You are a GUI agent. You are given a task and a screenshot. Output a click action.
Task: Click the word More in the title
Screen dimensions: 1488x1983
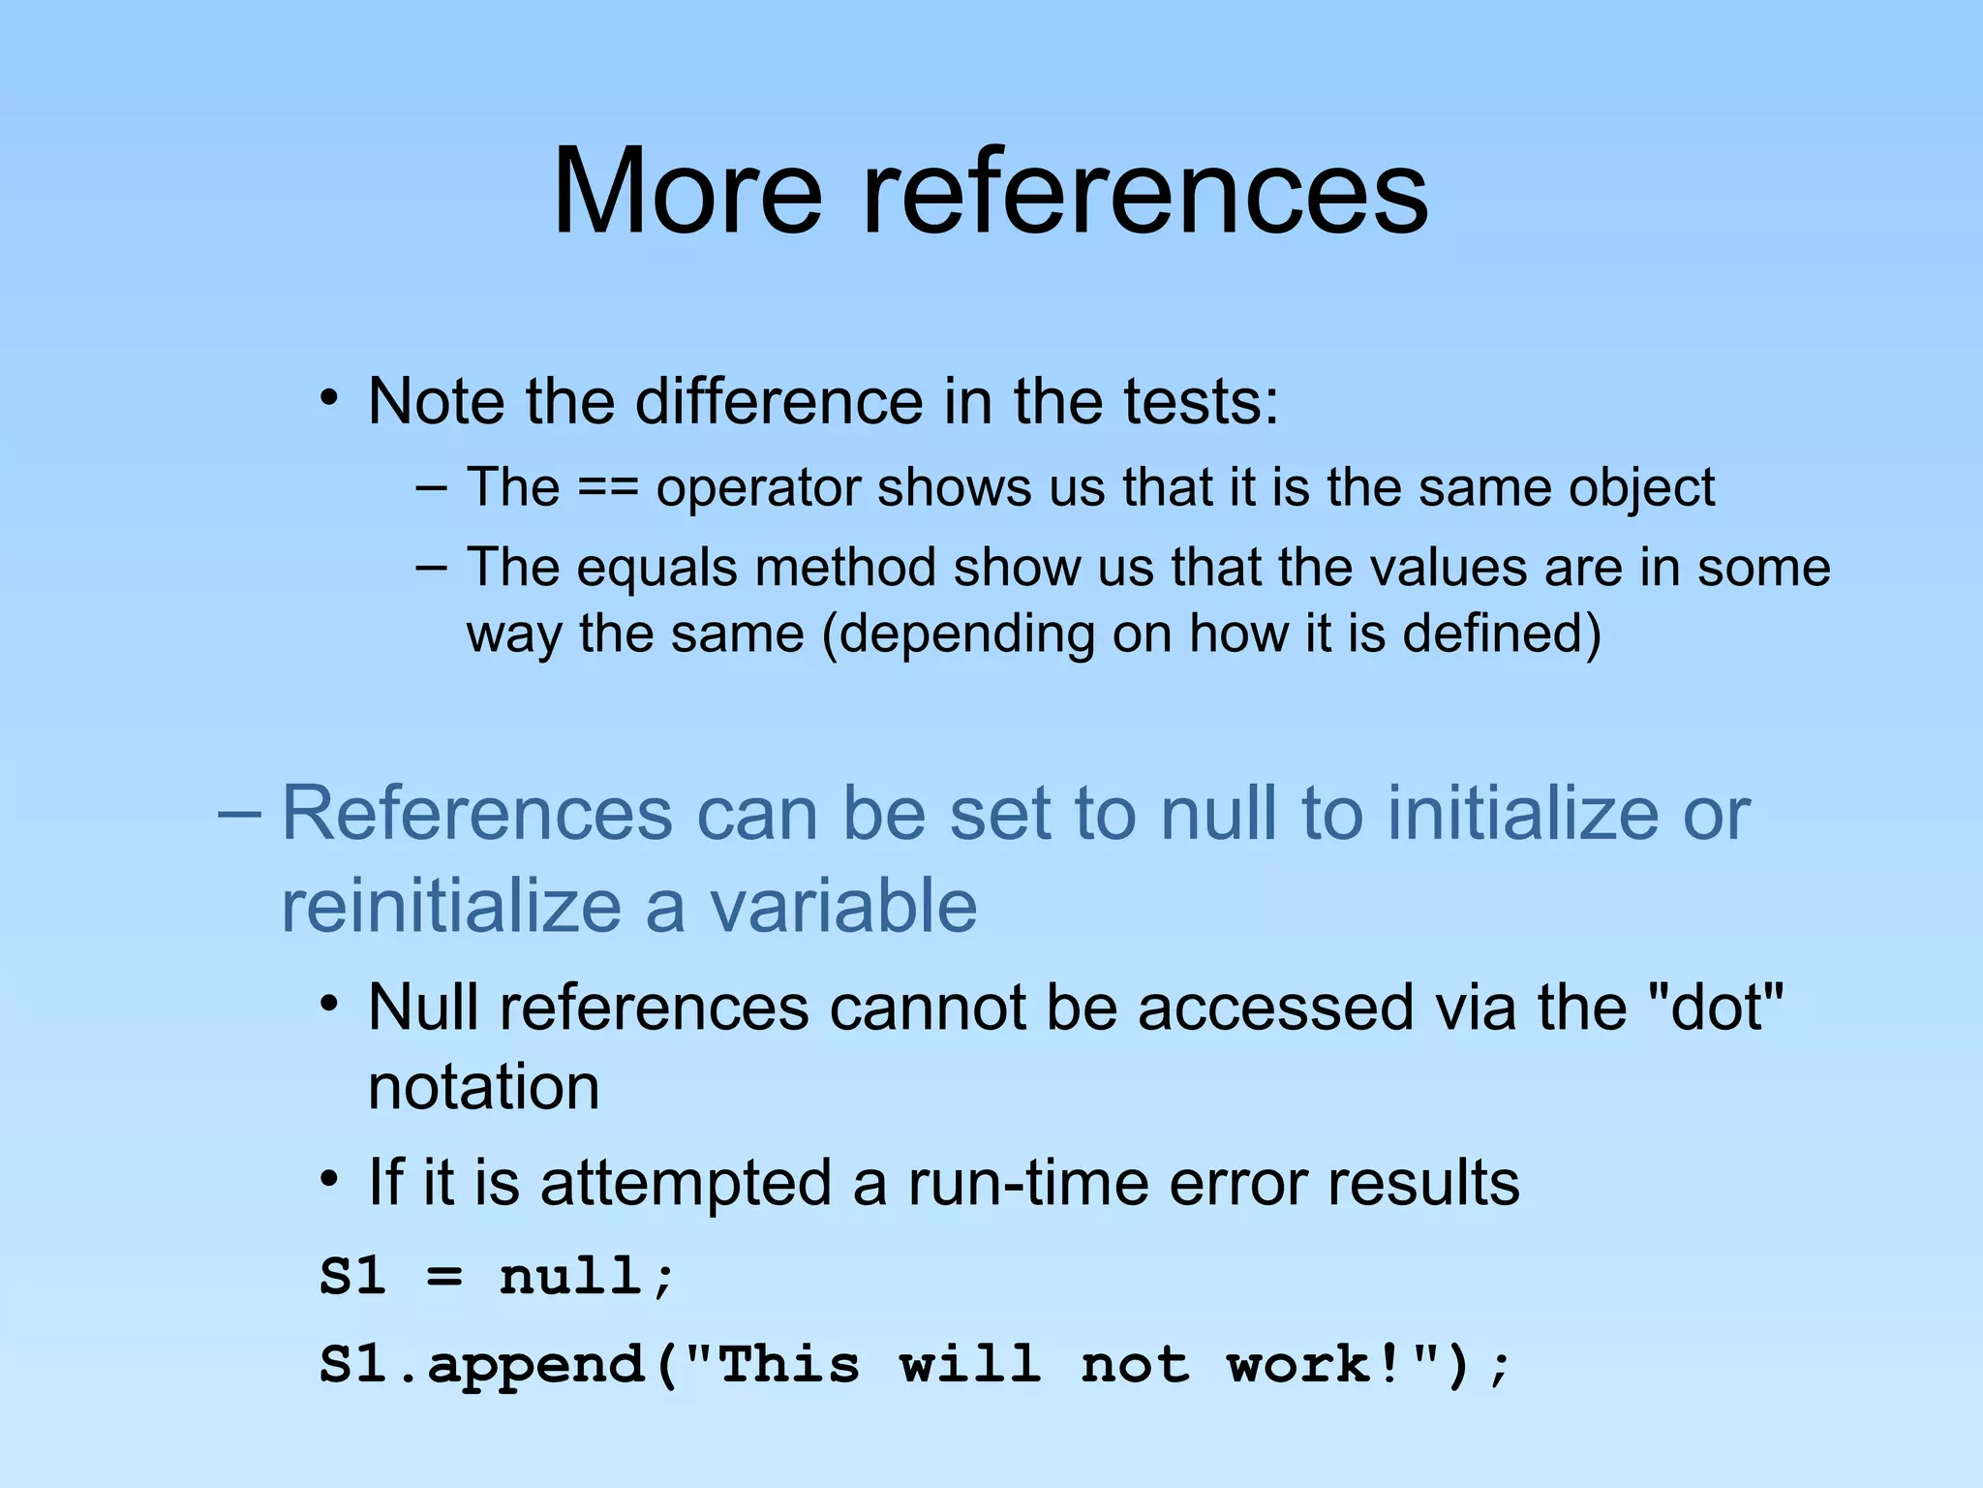(686, 191)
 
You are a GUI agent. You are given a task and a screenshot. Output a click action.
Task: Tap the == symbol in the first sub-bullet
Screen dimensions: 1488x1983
(607, 487)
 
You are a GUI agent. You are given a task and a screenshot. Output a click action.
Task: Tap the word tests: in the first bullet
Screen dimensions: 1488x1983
(1201, 401)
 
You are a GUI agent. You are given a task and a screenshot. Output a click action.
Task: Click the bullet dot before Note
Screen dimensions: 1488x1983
(329, 398)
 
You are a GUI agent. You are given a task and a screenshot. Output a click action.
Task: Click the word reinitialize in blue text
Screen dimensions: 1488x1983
(451, 907)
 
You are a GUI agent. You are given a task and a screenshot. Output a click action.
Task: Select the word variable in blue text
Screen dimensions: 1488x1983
(842, 907)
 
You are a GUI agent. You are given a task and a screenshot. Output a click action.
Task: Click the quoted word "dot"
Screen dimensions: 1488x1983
(1715, 1007)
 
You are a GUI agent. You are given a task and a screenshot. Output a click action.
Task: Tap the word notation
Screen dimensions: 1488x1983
(483, 1087)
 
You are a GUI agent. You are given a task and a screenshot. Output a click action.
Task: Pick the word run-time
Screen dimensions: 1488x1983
(1027, 1183)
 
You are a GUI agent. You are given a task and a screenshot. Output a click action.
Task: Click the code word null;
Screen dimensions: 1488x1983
(586, 1276)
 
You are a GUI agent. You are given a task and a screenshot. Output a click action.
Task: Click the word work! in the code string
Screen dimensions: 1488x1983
(1313, 1365)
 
